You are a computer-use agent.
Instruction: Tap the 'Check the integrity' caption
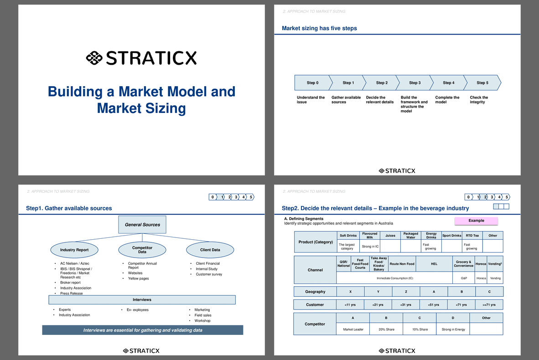(479, 100)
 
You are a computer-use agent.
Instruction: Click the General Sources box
(142, 225)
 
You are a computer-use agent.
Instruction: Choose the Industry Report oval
(74, 250)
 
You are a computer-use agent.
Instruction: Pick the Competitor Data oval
(142, 250)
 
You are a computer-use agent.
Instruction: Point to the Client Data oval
(210, 250)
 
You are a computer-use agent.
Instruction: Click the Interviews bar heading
(142, 299)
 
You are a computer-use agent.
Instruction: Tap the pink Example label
(476, 221)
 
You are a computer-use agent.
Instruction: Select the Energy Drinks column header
(431, 235)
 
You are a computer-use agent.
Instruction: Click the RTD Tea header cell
(472, 235)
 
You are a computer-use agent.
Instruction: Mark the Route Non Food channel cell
(402, 264)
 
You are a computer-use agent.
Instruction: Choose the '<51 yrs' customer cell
(434, 305)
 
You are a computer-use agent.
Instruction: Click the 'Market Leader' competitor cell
(353, 329)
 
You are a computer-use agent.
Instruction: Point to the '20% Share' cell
(386, 329)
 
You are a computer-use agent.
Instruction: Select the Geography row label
(315, 292)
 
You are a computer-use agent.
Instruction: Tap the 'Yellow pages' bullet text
(139, 278)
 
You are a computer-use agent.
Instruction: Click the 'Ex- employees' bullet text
(138, 310)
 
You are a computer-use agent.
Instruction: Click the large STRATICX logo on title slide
(141, 58)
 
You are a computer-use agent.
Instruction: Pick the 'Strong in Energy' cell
(453, 329)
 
